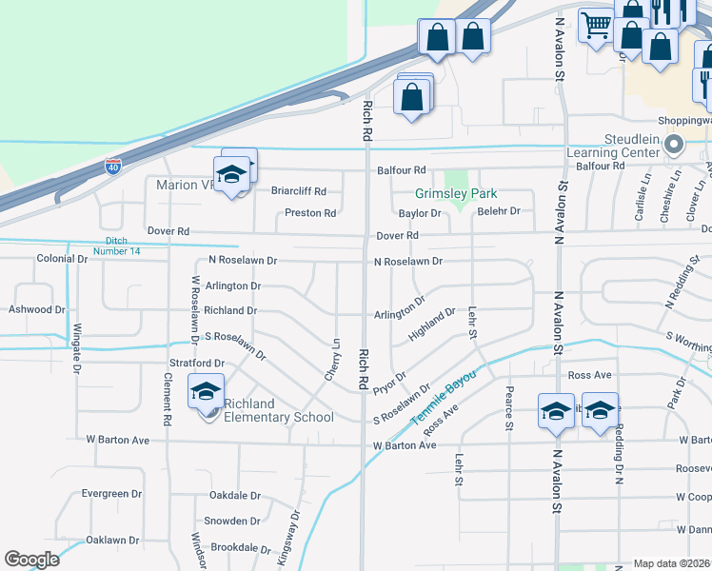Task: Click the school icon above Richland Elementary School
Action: coord(206,391)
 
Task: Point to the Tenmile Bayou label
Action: coord(443,395)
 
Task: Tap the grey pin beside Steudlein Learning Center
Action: coord(675,146)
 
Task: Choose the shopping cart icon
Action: coord(597,25)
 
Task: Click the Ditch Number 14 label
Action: coord(123,246)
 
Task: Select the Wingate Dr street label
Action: coord(75,350)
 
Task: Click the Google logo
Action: coord(31,560)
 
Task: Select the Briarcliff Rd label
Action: coord(299,190)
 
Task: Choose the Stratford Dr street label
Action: coord(196,363)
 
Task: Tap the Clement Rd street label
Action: coord(167,399)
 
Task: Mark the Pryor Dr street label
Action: coord(390,389)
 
